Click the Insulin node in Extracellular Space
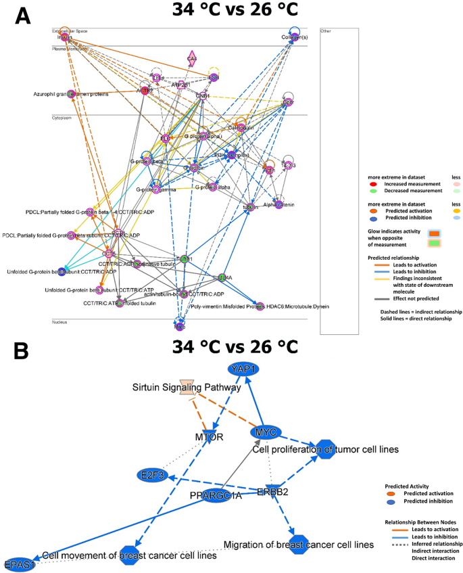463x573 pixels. coord(64,37)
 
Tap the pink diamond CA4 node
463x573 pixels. coord(192,60)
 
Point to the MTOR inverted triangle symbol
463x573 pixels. coord(210,434)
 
